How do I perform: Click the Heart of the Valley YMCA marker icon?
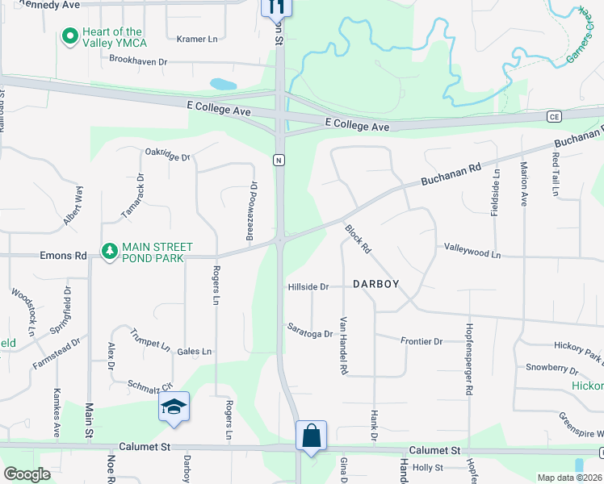click(x=69, y=37)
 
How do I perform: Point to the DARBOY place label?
click(x=377, y=283)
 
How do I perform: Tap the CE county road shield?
click(x=554, y=116)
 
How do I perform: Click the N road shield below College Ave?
click(x=279, y=159)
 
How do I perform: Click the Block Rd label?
click(x=357, y=240)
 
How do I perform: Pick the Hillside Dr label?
click(x=308, y=286)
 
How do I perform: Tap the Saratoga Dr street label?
click(x=310, y=330)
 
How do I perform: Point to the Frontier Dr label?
click(x=422, y=341)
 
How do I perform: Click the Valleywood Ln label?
click(x=472, y=251)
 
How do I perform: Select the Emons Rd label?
click(x=63, y=256)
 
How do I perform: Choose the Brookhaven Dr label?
click(x=139, y=60)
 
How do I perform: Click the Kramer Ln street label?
click(x=197, y=38)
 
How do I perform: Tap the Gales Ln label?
click(x=194, y=351)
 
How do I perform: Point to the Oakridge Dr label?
click(x=168, y=154)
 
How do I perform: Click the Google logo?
click(x=27, y=474)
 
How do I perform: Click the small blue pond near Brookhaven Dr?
click(x=223, y=83)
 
